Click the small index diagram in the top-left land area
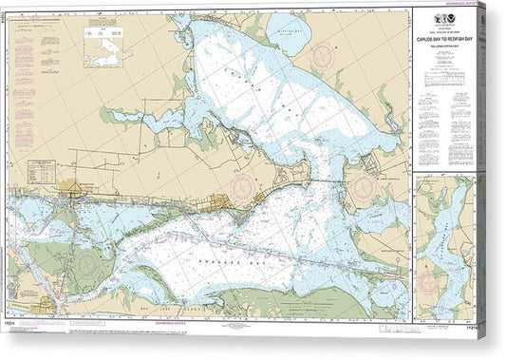click(x=107, y=47)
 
